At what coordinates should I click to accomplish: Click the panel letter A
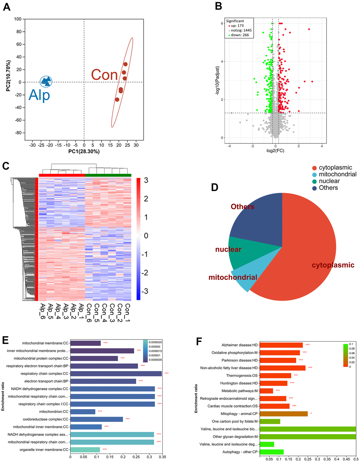coord(6,7)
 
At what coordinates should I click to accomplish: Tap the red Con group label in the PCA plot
coord(104,75)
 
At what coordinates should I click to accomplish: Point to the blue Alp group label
coord(39,95)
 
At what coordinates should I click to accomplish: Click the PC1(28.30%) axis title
coord(84,152)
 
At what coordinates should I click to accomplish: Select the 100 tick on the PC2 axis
coord(18,19)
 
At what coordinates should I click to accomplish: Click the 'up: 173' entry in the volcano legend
coord(237,26)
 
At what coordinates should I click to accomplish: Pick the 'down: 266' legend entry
coord(240,35)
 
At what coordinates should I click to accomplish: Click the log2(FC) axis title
coord(275,151)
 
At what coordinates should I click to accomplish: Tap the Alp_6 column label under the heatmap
coord(42,311)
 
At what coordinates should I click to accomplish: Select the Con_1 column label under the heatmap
coord(127,311)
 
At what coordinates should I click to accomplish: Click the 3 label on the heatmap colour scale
coord(146,180)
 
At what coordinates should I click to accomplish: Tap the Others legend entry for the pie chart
coord(328,188)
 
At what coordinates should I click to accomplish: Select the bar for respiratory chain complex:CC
coord(116,374)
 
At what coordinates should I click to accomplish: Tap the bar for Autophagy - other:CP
coord(272,452)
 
